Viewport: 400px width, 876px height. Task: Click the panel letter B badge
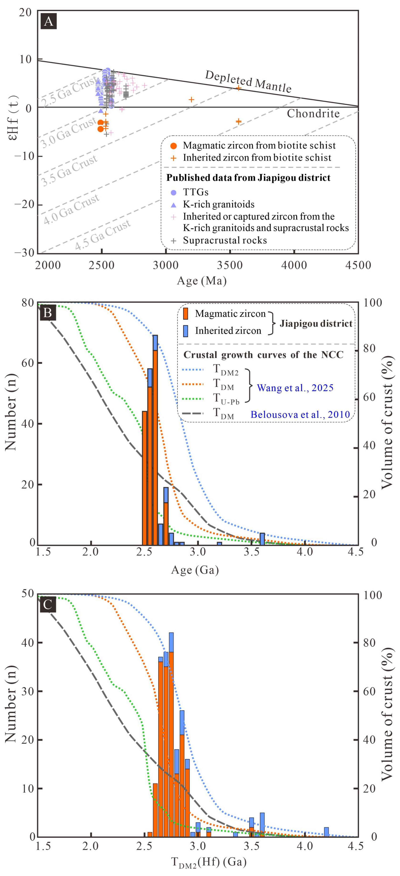click(48, 312)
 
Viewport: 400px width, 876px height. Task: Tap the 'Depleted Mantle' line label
click(248, 82)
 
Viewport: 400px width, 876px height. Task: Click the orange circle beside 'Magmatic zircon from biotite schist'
click(173, 146)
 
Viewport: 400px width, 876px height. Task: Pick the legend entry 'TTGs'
click(196, 192)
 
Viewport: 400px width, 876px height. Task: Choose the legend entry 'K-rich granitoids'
click(219, 204)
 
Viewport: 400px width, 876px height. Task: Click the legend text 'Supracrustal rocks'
click(225, 240)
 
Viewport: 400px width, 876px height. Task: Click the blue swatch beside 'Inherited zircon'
click(186, 331)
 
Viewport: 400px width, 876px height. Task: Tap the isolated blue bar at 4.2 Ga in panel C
click(326, 832)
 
